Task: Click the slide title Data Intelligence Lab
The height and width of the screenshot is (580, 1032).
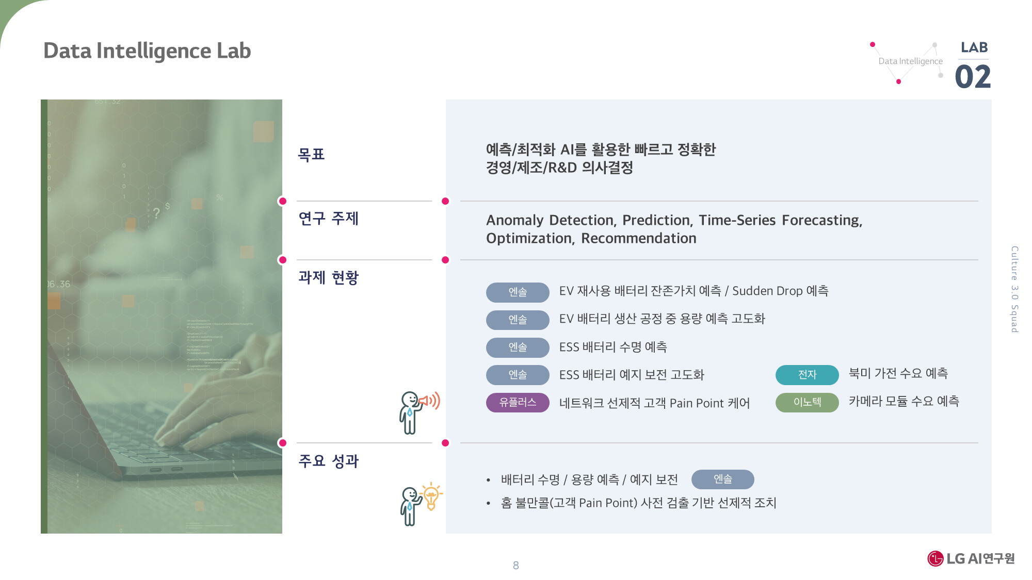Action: tap(147, 51)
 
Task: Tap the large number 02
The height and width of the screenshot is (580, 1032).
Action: tap(973, 77)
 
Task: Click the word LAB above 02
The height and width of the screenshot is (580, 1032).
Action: tap(974, 47)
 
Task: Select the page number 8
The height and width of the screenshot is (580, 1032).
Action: tap(515, 565)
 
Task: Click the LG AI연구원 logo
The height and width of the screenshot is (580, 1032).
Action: tap(971, 558)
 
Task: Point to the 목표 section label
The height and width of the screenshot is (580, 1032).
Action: tap(311, 154)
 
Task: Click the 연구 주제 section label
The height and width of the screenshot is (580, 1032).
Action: tap(328, 218)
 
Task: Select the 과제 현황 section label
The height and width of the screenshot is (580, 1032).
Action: tap(328, 277)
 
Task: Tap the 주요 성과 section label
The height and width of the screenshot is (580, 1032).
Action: tap(328, 460)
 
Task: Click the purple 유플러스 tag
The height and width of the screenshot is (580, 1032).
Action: tap(518, 402)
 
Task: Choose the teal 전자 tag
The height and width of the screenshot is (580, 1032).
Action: tap(807, 375)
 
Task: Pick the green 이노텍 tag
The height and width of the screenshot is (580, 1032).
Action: tap(807, 402)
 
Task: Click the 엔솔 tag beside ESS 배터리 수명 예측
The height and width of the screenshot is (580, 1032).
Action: tap(518, 347)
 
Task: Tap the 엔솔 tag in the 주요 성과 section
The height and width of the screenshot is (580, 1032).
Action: tap(722, 479)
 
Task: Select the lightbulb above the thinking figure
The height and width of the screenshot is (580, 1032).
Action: tap(431, 496)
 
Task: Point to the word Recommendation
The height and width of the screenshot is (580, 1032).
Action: tap(639, 238)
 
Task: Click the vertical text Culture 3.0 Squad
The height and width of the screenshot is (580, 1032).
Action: tap(1014, 289)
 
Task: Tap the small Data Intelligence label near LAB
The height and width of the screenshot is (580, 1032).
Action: tap(910, 61)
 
